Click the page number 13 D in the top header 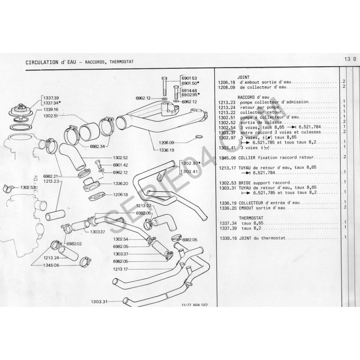tap(350, 59)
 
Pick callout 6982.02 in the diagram tap(74, 243)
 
